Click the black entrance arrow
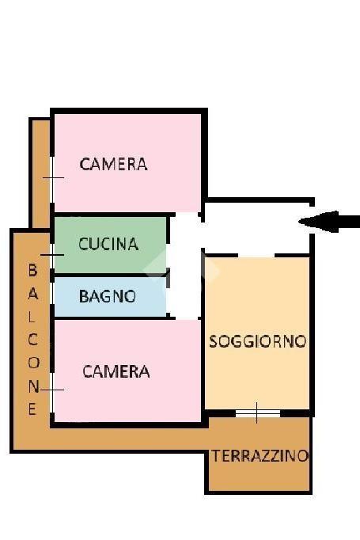click(328, 222)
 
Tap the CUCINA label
click(108, 244)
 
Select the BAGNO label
click(108, 296)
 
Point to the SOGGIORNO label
click(257, 341)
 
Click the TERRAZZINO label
click(260, 456)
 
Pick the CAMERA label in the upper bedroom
click(114, 164)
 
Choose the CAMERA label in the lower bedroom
click(116, 371)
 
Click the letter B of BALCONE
click(32, 270)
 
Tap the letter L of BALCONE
click(32, 317)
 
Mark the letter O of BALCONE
click(33, 363)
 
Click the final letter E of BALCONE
click(32, 409)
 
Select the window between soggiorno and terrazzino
click(258, 413)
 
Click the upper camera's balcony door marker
click(53, 177)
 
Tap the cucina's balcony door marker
click(52, 255)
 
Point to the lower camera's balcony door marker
click(52, 390)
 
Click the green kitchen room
click(111, 245)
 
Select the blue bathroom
click(111, 297)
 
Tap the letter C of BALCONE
click(32, 340)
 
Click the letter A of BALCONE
click(33, 294)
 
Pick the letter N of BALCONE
click(33, 386)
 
